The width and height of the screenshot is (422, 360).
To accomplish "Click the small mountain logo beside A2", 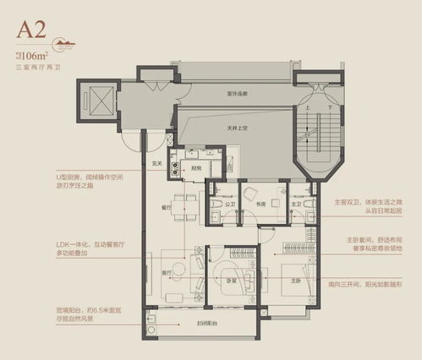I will click(x=63, y=41).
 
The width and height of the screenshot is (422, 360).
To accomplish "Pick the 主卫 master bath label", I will click(x=297, y=203).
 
